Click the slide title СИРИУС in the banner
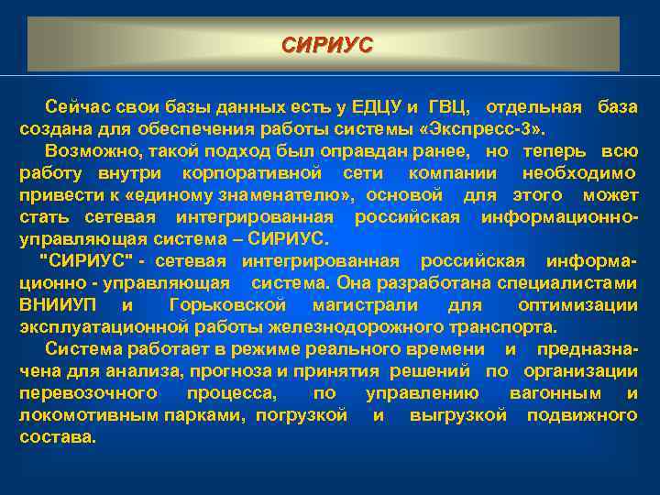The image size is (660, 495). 327,44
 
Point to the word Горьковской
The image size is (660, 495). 228,304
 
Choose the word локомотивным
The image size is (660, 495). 88,415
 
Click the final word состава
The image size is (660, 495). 57,437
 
